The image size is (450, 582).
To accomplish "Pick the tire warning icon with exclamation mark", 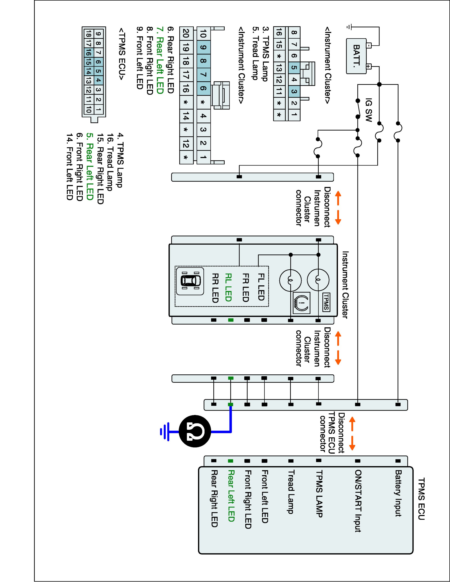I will pyautogui.click(x=301, y=303).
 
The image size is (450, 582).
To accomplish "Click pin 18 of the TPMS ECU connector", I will pyautogui.click(x=88, y=34).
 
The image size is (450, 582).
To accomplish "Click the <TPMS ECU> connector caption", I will pyautogui.click(x=121, y=54).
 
